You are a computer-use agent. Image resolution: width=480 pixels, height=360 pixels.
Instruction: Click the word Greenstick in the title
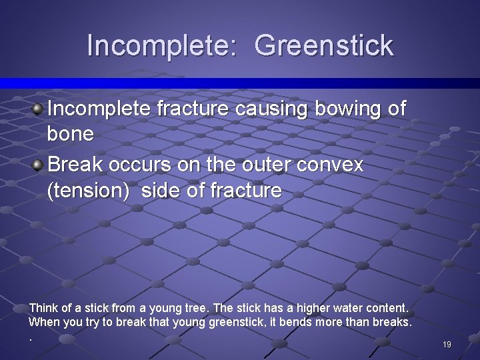[324, 46]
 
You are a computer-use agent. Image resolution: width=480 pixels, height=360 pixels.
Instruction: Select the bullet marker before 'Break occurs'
[39, 164]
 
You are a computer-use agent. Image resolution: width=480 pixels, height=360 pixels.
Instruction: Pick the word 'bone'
[70, 134]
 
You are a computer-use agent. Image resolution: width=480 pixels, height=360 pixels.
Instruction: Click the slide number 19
[447, 345]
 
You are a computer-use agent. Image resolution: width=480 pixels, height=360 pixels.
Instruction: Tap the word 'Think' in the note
[42, 309]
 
